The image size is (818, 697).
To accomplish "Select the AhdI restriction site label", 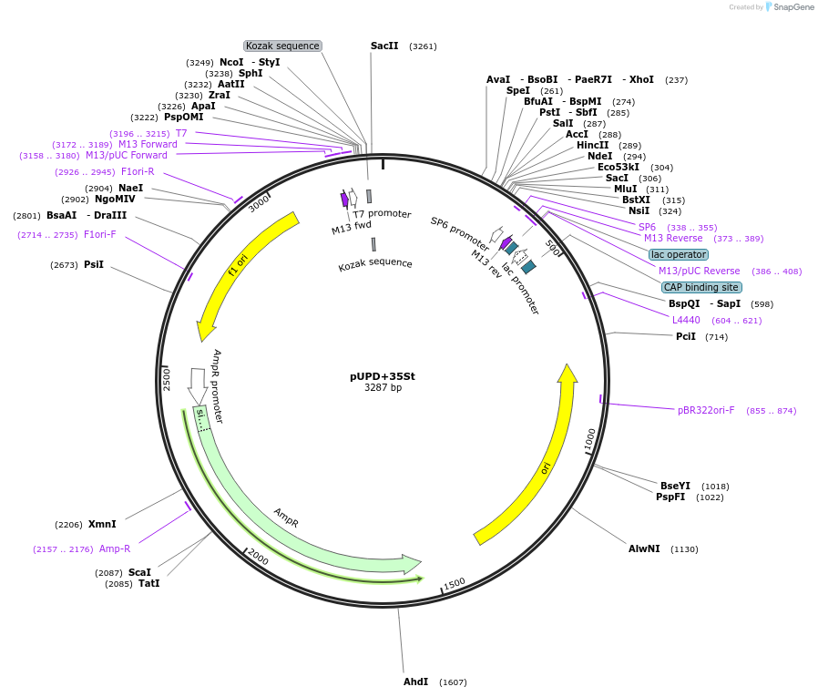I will pos(415,682).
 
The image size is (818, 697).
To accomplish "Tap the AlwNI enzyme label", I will pos(644,548).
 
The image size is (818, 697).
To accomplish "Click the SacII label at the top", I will pos(384,46).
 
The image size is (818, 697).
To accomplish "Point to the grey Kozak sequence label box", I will pos(282,46).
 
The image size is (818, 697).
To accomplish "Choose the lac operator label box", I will pos(678,254).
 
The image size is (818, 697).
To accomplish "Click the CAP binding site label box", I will pos(701,287).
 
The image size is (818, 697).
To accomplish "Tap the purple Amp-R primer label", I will pos(115,548).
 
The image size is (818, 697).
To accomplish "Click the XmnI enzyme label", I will pos(102,524).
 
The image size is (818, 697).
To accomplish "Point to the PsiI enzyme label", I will pos(94,264).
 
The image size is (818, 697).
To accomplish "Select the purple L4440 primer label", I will pos(686,320).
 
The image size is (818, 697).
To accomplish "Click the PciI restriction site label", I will pos(686,336).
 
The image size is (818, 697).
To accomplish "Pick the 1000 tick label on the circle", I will pos(590,439).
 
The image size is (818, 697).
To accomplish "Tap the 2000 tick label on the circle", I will pos(258,557).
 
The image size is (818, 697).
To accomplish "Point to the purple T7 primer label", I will pos(181,133).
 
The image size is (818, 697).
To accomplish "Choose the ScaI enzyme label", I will pos(139,572).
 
